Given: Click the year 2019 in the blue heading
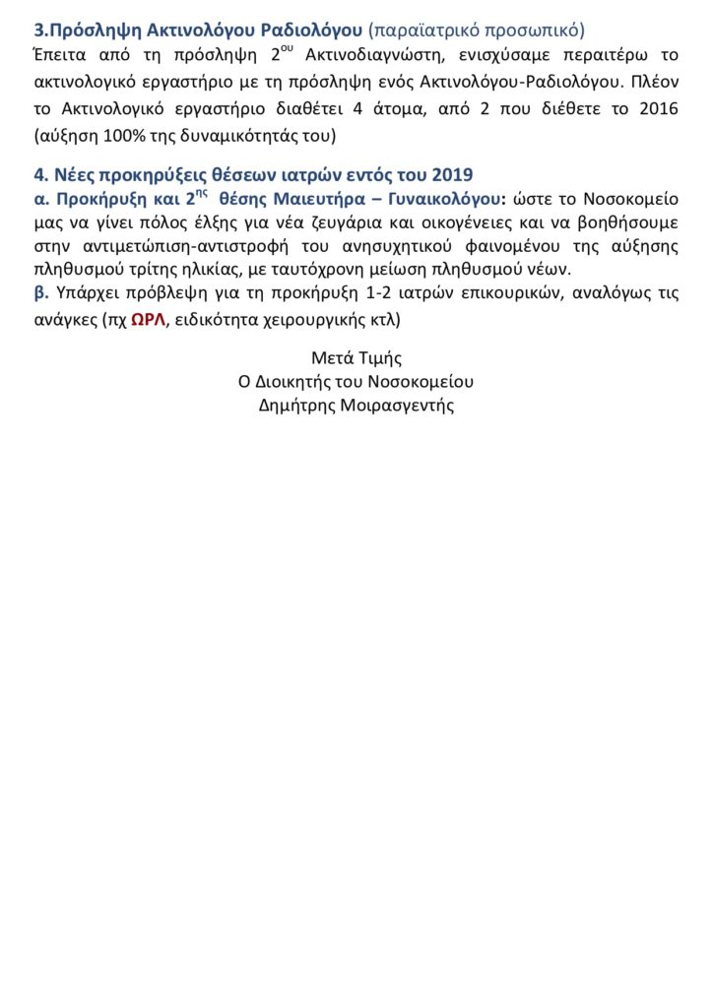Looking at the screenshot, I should click(452, 175).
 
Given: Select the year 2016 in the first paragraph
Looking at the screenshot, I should click(657, 109).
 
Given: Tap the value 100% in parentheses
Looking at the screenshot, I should click(112, 133).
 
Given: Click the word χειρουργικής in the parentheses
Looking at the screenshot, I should click(314, 321).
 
